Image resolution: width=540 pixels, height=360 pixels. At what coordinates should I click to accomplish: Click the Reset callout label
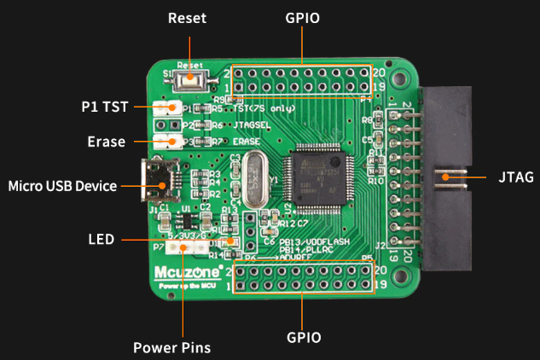[187, 18]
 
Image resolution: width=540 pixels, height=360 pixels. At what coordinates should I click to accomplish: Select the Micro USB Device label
[61, 185]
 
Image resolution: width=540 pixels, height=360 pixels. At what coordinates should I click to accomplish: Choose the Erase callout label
[107, 142]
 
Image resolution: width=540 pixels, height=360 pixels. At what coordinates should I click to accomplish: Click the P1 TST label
[105, 108]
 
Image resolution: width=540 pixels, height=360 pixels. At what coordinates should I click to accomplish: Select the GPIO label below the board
[304, 337]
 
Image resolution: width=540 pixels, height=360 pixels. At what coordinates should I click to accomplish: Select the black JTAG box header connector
[444, 179]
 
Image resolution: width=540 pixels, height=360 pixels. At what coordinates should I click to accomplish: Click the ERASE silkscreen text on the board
[247, 141]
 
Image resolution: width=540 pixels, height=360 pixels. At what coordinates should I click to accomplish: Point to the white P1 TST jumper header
[168, 108]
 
